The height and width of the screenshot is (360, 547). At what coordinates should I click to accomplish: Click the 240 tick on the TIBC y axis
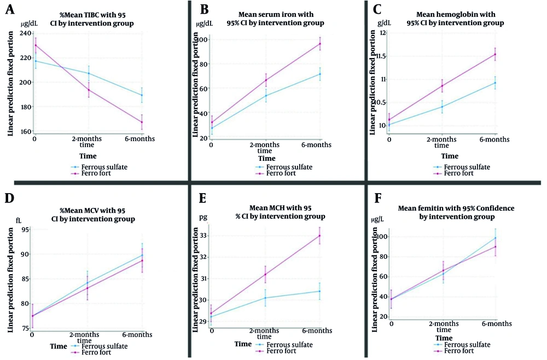pos(24,33)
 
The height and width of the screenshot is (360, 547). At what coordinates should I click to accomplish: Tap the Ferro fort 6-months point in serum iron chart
pos(320,44)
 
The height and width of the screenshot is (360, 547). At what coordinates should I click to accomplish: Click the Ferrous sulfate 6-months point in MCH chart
pos(320,291)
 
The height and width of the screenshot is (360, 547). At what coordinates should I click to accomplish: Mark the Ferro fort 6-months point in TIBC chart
pos(142,122)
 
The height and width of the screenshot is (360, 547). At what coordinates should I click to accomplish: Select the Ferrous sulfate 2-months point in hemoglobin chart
pos(442,106)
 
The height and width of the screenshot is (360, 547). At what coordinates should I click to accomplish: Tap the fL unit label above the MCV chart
pos(18,220)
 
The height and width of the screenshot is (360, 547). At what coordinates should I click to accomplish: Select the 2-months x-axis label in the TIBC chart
pos(89,138)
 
